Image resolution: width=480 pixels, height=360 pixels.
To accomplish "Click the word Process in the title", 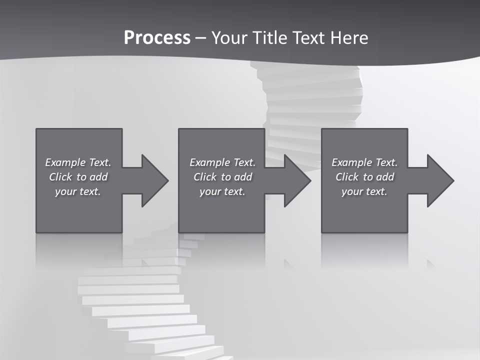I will [x=157, y=38].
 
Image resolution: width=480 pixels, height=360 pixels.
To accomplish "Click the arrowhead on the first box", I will [x=154, y=180].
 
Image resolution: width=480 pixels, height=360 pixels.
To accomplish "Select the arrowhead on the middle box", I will [x=297, y=180].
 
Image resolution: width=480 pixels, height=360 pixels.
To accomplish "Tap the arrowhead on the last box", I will [x=440, y=180].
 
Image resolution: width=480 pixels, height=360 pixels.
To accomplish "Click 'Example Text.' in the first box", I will [x=78, y=162].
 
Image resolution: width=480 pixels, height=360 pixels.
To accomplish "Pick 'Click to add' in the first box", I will [x=78, y=177].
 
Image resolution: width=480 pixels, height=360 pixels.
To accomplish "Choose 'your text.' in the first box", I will [x=78, y=191].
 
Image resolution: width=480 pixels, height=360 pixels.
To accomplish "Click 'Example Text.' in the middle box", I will [x=222, y=162].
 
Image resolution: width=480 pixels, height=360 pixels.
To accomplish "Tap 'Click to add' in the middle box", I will [x=222, y=177].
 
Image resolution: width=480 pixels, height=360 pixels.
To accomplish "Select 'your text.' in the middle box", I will [x=222, y=191].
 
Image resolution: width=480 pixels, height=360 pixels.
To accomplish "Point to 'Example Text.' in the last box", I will [x=364, y=162].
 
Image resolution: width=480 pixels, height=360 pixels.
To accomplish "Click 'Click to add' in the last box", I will [x=364, y=177].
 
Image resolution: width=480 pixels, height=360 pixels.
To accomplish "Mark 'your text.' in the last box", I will [x=364, y=191].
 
